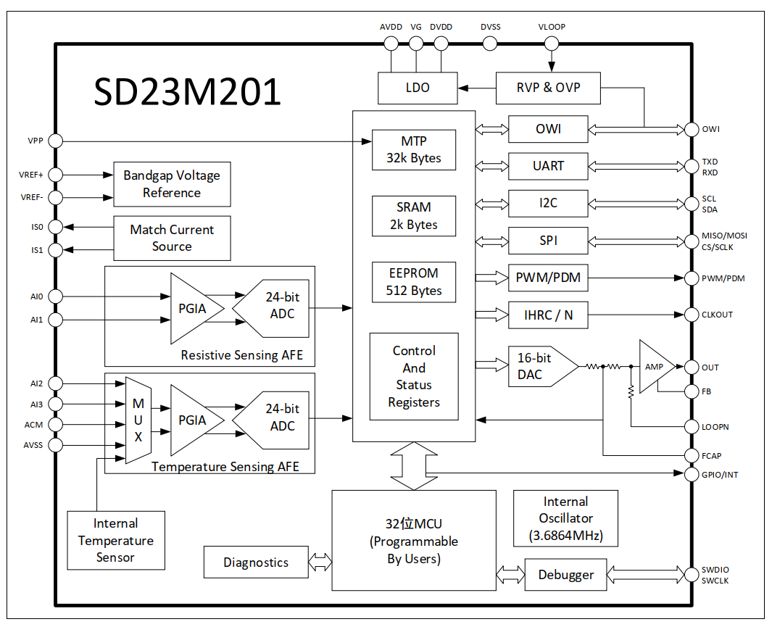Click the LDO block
click(x=418, y=88)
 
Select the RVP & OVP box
click(x=548, y=88)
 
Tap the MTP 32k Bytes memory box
click(x=414, y=149)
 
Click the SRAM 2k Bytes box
click(x=414, y=216)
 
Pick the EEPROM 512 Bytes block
click(x=414, y=282)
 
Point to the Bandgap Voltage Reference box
click(x=172, y=184)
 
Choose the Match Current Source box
click(x=172, y=238)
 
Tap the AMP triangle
click(x=654, y=367)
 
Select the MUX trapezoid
click(x=138, y=420)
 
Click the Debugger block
click(x=566, y=575)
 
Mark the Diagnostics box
click(x=256, y=562)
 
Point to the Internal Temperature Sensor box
click(x=116, y=540)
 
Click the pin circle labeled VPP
click(x=55, y=141)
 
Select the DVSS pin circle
click(x=490, y=43)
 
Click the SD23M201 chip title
click(x=187, y=93)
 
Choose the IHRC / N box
click(x=548, y=315)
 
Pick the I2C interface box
click(x=548, y=203)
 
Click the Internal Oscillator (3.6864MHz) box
click(x=565, y=519)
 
